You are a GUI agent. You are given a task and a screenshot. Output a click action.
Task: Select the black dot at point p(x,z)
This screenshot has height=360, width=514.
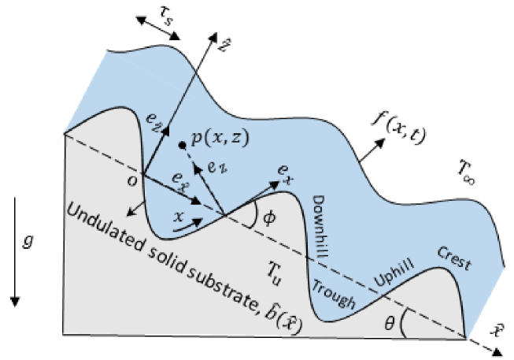(183, 145)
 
